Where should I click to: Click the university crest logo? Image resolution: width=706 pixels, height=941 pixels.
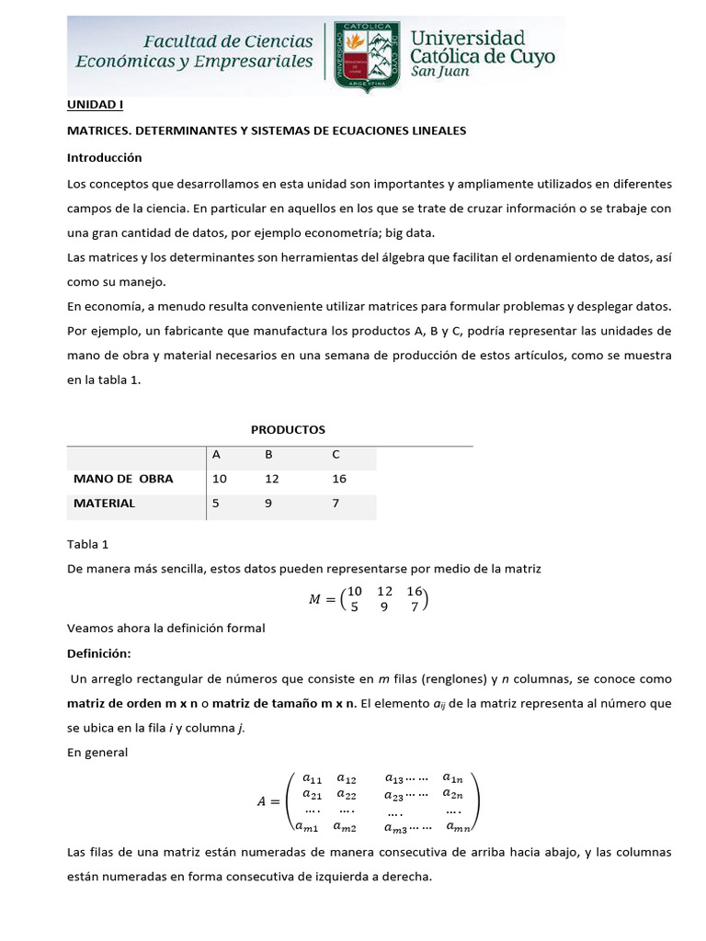pos(367,55)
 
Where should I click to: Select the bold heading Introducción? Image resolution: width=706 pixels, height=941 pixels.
pos(104,157)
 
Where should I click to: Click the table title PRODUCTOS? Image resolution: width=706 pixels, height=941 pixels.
pos(288,429)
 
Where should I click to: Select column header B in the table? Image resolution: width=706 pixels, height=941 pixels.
pos(269,454)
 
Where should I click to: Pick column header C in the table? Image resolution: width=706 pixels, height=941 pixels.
pos(336,454)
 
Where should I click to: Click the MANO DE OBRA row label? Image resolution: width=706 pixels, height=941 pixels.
pos(123,479)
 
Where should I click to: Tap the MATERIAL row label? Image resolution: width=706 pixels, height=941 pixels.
pos(104,503)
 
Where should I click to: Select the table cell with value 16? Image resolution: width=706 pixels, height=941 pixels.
pos(339,479)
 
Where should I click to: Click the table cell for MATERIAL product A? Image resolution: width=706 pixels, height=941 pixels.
pos(216,503)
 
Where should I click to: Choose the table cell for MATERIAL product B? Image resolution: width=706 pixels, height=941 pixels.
pos(269,503)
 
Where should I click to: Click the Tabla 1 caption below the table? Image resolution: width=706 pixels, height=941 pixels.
pos(87,544)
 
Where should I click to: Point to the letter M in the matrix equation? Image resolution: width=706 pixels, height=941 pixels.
pos(315,600)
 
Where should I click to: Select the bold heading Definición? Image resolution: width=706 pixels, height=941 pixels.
pos(99,653)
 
